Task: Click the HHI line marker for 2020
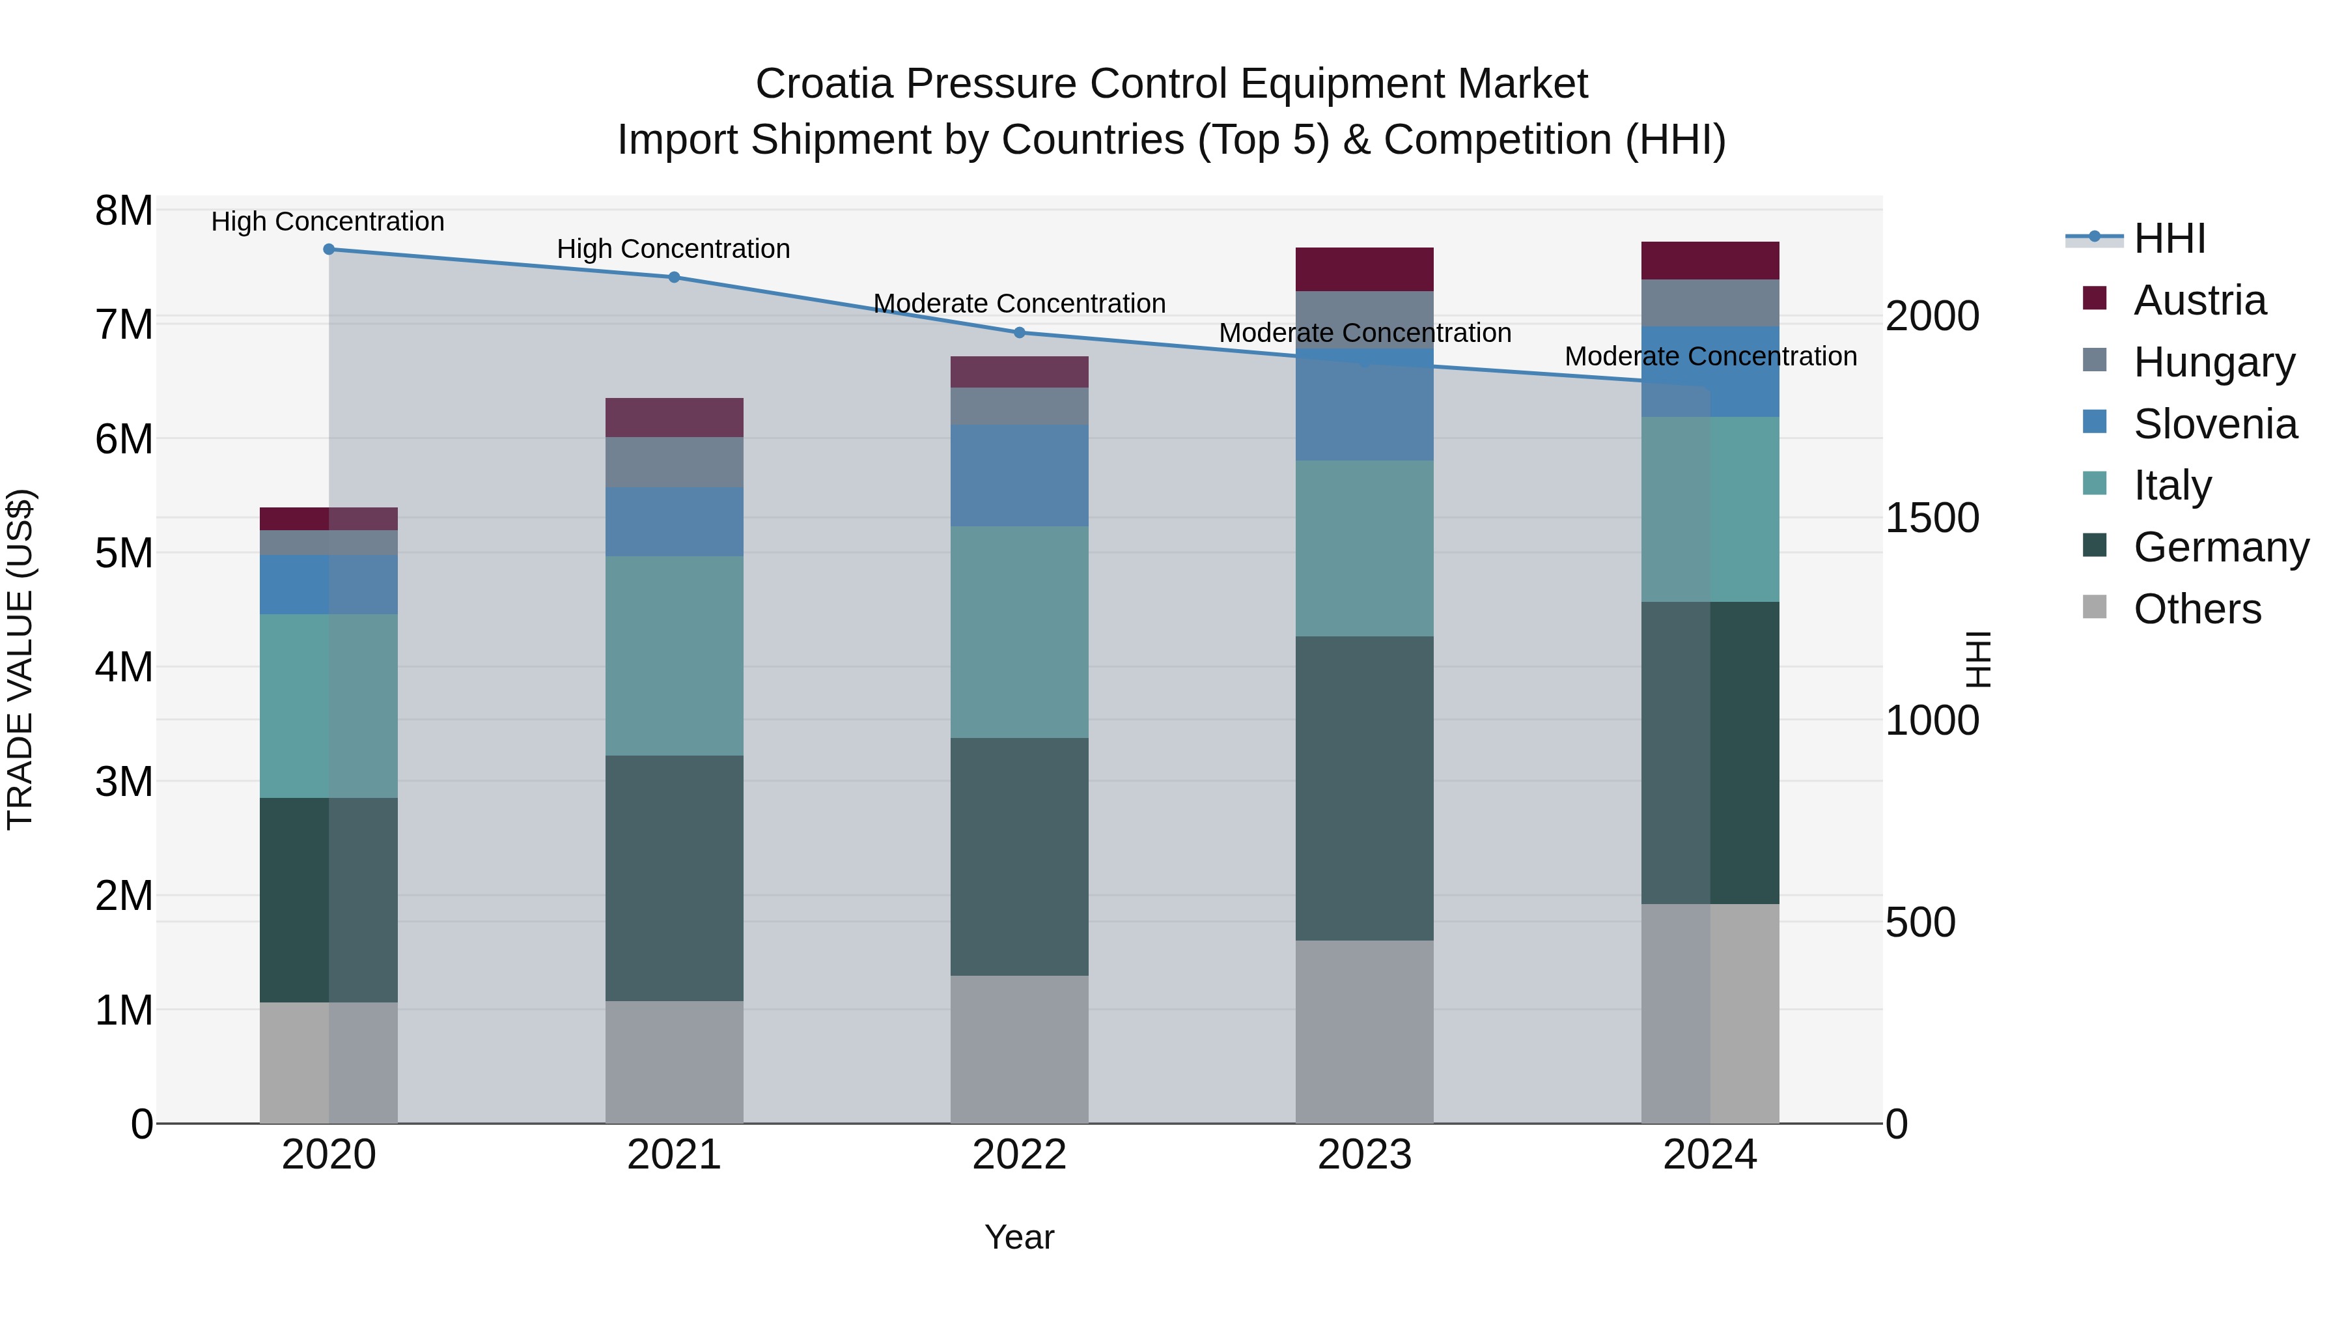click(x=329, y=249)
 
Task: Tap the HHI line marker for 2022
click(x=1019, y=333)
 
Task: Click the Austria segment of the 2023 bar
click(x=1364, y=270)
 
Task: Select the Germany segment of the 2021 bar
click(x=675, y=879)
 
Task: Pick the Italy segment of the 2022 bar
click(x=1019, y=632)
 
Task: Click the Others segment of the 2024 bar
click(x=1710, y=1013)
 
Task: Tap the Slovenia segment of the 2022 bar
click(x=1019, y=475)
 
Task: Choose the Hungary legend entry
click(x=2213, y=362)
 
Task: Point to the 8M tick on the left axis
click(x=124, y=211)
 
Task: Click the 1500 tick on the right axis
click(x=1932, y=518)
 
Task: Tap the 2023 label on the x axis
click(x=1364, y=1155)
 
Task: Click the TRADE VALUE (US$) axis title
click(x=20, y=659)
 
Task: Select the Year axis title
click(x=1019, y=1237)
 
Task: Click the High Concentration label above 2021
click(x=673, y=249)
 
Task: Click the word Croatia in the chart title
click(x=824, y=84)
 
